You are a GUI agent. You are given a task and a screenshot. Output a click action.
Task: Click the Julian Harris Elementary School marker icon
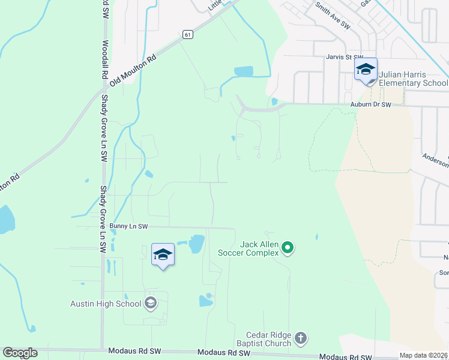tap(366, 70)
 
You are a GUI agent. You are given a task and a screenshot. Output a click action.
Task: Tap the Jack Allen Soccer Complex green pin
tap(288, 247)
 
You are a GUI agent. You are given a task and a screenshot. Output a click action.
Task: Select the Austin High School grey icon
tap(150, 303)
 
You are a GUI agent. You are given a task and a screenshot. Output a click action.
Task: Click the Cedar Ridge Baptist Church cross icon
tap(301, 339)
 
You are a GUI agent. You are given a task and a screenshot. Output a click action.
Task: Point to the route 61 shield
tap(188, 35)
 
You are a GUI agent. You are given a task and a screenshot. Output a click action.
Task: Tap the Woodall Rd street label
tap(104, 59)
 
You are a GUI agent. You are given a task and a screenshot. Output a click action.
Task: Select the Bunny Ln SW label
tap(128, 226)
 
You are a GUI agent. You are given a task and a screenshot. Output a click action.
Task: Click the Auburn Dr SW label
tap(370, 104)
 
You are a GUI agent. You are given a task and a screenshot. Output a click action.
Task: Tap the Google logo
tap(20, 352)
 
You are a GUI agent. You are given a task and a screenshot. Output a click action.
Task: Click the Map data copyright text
tap(423, 355)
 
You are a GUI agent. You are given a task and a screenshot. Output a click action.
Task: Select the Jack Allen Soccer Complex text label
tap(259, 248)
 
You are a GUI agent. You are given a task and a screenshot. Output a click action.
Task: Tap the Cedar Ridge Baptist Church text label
tap(268, 339)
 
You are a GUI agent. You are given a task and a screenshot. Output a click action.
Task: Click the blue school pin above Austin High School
tap(163, 254)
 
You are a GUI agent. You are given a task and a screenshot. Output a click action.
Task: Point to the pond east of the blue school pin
tap(196, 244)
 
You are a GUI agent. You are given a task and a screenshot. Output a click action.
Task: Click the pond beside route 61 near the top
tap(244, 71)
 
